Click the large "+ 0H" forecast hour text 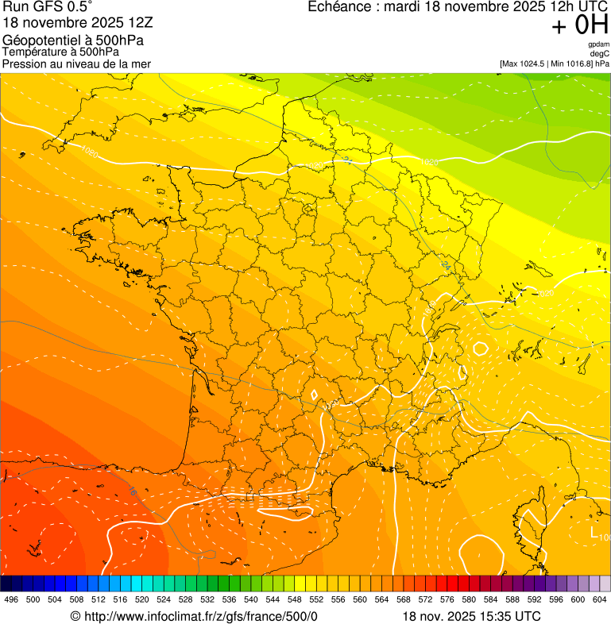[579, 25]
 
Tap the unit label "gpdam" [598, 44]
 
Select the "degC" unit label [600, 53]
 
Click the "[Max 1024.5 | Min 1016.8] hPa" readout [554, 63]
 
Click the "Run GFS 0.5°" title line [48, 8]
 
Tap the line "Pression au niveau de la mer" [76, 64]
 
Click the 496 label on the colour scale [11, 599]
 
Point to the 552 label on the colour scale [315, 599]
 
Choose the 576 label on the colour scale [447, 599]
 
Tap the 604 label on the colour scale [599, 599]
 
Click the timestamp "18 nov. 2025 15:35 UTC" [472, 616]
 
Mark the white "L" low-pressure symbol [594, 533]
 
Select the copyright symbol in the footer [75, 616]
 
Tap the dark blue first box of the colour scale [6, 584]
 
